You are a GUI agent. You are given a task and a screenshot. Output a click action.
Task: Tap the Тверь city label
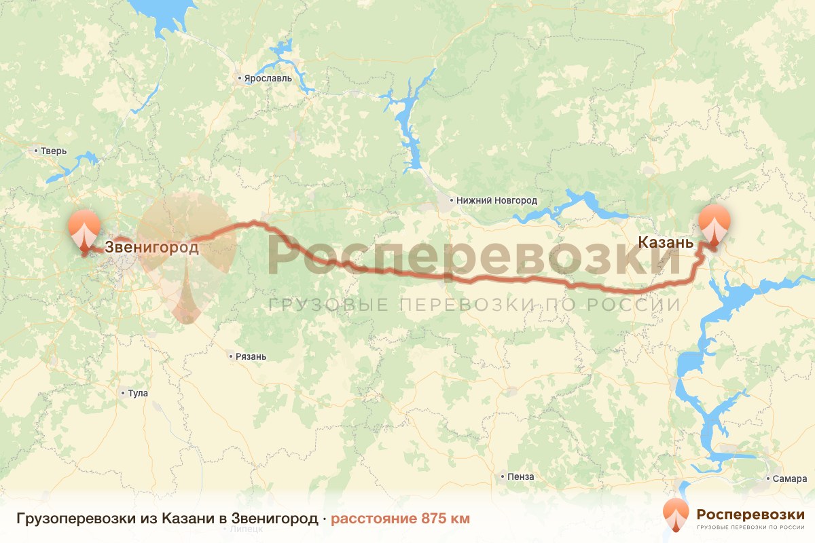pyautogui.click(x=54, y=151)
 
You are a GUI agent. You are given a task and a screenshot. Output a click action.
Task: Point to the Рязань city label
pyautogui.click(x=251, y=356)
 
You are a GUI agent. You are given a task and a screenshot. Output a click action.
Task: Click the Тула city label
pyautogui.click(x=137, y=393)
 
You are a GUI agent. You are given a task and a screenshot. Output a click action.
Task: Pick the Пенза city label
pyautogui.click(x=521, y=476)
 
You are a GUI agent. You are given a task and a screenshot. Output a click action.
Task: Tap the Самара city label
pyautogui.click(x=789, y=479)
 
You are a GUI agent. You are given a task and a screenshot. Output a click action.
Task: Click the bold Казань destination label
pyautogui.click(x=666, y=242)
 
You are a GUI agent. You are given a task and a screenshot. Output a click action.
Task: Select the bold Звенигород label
pyautogui.click(x=151, y=247)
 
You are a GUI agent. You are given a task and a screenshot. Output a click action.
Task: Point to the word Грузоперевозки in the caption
pyautogui.click(x=62, y=519)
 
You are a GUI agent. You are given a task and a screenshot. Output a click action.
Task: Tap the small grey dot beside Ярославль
pyautogui.click(x=240, y=79)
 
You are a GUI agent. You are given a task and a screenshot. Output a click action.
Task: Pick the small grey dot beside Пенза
pyautogui.click(x=502, y=476)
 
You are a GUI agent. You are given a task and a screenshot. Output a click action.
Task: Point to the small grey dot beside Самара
pyautogui.click(x=769, y=479)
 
